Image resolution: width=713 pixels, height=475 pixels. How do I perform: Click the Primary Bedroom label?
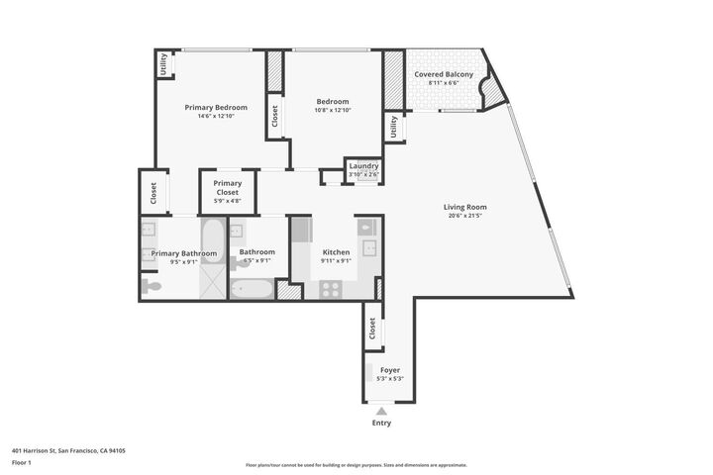coord(216,107)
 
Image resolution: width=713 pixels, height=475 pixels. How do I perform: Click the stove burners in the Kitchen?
coord(330,289)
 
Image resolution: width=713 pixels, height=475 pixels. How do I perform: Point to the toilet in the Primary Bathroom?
coord(150,287)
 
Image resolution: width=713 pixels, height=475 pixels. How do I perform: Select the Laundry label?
coord(363,166)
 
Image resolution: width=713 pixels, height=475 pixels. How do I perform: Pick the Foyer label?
coord(390,369)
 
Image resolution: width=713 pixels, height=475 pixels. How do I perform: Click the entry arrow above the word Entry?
coord(381,410)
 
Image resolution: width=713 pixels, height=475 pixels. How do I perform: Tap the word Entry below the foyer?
coord(381,423)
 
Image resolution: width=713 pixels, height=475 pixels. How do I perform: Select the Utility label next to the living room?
coord(394,127)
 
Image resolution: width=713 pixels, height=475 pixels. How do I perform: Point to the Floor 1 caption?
coord(22,462)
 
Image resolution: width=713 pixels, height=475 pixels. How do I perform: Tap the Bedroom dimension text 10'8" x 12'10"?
coord(333,110)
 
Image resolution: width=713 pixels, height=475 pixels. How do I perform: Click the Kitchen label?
coord(336,252)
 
